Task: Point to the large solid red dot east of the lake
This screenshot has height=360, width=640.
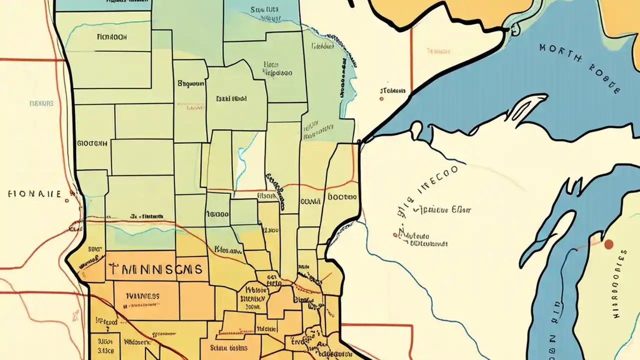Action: (x=608, y=244)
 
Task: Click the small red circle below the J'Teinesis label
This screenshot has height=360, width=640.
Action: (x=381, y=99)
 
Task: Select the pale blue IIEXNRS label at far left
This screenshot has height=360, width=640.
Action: (x=41, y=103)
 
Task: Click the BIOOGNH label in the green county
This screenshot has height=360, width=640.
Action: (x=92, y=143)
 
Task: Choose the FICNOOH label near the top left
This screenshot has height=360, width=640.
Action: (x=112, y=37)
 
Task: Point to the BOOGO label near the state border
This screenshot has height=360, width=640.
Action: (x=342, y=197)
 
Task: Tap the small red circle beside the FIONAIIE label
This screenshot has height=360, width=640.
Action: (x=66, y=201)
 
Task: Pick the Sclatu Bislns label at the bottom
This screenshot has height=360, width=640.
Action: (x=228, y=347)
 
